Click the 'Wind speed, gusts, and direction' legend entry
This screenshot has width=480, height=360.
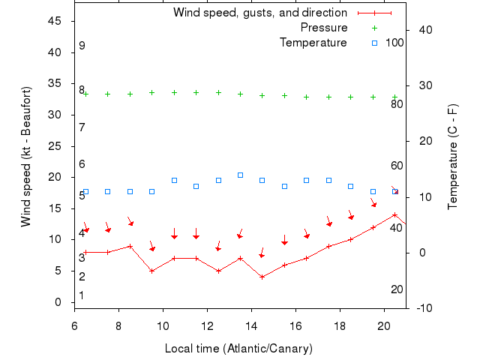pos(259,13)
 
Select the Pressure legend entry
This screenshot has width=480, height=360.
pos(324,28)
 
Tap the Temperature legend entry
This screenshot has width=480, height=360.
pos(313,43)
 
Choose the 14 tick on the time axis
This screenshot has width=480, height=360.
pos(251,326)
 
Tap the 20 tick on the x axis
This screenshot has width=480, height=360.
pos(384,326)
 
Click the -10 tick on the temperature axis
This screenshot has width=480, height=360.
pos(421,307)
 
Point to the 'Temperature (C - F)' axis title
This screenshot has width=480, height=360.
pos(453,156)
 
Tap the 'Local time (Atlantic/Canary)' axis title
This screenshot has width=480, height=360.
pos(238,349)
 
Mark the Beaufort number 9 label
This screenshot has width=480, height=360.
pos(82,46)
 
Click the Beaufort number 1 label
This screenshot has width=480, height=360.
pos(82,295)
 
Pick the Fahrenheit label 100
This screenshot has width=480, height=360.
pos(394,43)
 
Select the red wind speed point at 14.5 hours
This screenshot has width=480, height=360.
pos(262,277)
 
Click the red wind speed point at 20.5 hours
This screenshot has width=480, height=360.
pos(394,214)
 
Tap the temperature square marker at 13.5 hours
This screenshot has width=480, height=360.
pos(240,175)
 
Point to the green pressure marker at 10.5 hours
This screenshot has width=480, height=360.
pos(174,92)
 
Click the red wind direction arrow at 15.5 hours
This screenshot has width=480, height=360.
pos(284,241)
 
